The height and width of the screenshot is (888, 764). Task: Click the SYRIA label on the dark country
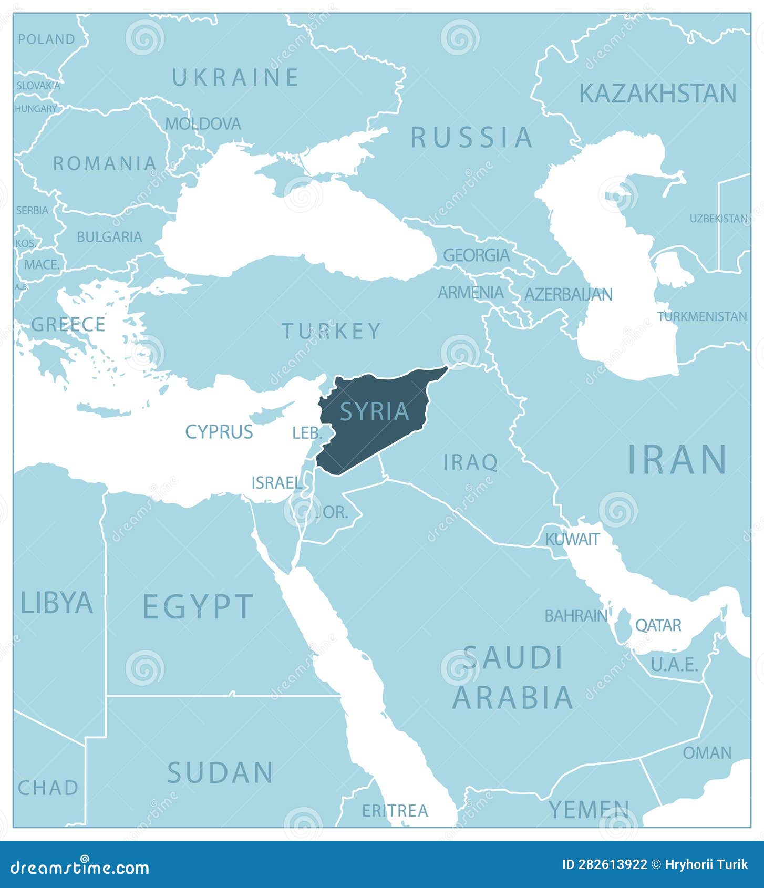375,411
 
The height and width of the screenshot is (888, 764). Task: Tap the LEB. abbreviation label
307,433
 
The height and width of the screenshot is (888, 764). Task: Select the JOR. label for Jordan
332,512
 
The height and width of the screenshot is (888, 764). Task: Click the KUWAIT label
572,539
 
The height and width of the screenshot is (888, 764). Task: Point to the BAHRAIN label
576,615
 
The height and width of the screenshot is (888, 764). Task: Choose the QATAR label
658,625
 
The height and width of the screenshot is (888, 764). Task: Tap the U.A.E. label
674,665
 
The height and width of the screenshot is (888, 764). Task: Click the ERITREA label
395,811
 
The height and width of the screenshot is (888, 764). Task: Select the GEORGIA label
476,255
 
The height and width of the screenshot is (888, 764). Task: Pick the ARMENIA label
471,293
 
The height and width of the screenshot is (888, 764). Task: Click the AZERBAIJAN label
568,294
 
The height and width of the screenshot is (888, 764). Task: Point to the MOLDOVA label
203,124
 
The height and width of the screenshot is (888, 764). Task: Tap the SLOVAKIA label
38,85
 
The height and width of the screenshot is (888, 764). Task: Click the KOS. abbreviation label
25,243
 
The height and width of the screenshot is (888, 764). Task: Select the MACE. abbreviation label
42,265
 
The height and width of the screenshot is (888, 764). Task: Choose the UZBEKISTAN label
718,219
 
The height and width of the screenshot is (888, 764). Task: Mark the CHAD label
48,788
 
